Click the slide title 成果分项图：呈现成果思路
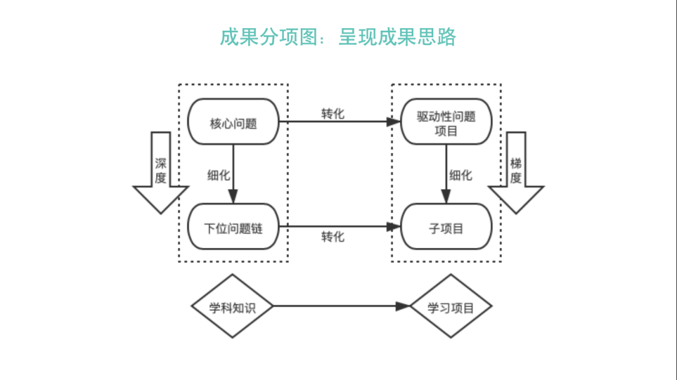coord(338,37)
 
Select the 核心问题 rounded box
coord(233,123)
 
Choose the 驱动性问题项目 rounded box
coord(446,123)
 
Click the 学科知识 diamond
coord(233,307)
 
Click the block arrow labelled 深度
coord(161,172)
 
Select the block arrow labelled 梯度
coord(516,172)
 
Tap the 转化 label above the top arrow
coord(333,113)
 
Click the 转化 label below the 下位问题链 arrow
coord(333,237)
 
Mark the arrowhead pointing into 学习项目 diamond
coord(404,307)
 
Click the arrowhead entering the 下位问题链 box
coord(233,197)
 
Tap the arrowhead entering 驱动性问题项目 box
coord(394,123)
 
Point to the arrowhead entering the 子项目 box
coord(394,227)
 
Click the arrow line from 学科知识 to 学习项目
coord(332,307)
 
